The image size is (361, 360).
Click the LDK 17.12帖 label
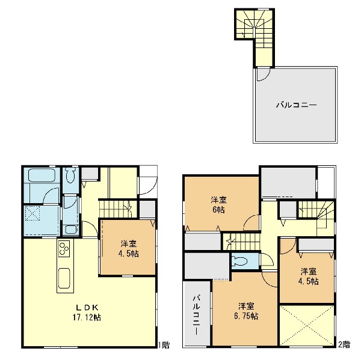pyautogui.click(x=87, y=313)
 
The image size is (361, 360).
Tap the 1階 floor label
pyautogui.click(x=164, y=345)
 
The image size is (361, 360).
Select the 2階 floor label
pyautogui.click(x=344, y=344)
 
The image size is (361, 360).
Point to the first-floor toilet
pyautogui.click(x=70, y=175)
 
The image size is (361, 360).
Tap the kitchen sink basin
pyautogui.click(x=64, y=278)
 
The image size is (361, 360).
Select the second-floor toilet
pyautogui.click(x=240, y=261)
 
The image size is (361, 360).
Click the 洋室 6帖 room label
pyautogui.click(x=218, y=205)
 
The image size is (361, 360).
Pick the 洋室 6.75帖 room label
pyautogui.click(x=246, y=311)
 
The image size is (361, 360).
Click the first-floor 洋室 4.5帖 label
pyautogui.click(x=129, y=248)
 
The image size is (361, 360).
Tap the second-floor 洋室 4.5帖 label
pyautogui.click(x=309, y=276)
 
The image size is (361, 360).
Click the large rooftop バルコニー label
pyautogui.click(x=296, y=105)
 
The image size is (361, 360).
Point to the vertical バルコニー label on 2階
pyautogui.click(x=196, y=315)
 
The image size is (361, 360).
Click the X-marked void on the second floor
pyautogui.click(x=307, y=325)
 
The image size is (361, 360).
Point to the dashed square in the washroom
pyautogui.click(x=32, y=213)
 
